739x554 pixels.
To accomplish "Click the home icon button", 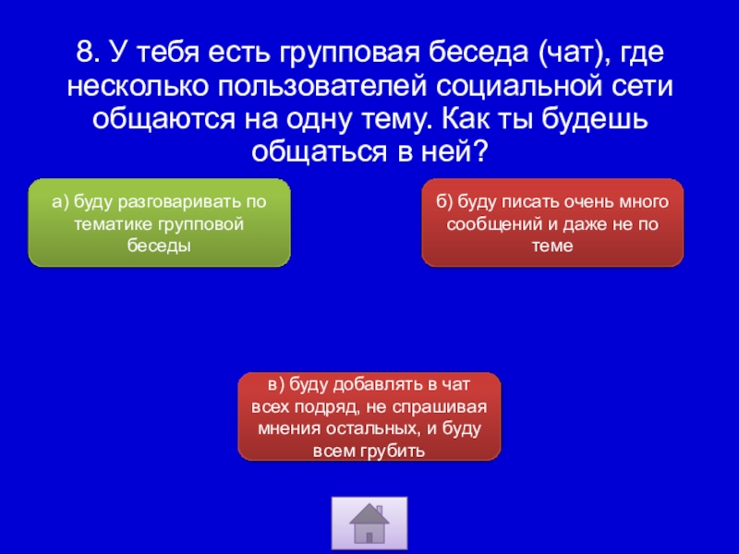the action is click(x=369, y=523).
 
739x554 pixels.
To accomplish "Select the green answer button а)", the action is click(x=159, y=223).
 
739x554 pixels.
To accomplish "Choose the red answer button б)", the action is click(x=552, y=223).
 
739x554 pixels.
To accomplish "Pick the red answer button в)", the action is click(x=369, y=416).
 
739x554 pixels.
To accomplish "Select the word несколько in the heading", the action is click(x=138, y=86).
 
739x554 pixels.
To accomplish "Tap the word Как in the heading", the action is click(x=466, y=119).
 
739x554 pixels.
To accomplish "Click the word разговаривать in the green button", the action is click(x=181, y=202).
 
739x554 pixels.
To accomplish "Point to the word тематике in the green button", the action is click(x=113, y=223).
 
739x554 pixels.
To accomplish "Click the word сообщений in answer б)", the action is click(x=495, y=224).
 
